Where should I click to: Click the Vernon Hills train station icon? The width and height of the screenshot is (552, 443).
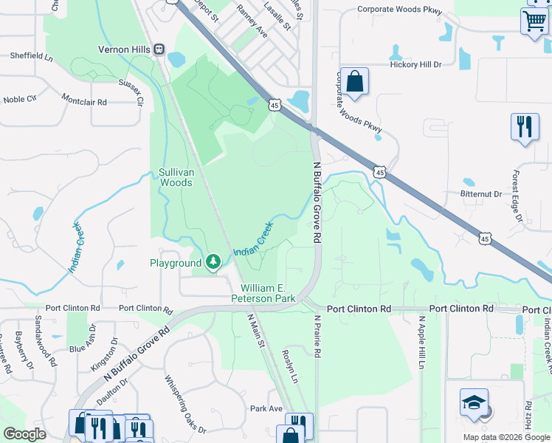[x=159, y=49]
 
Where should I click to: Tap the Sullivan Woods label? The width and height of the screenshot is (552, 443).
[x=176, y=177]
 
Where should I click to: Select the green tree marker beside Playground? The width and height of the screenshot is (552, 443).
[x=213, y=262]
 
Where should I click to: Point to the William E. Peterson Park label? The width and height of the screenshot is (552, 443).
[x=266, y=293]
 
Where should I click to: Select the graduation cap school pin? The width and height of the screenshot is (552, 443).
[x=474, y=402]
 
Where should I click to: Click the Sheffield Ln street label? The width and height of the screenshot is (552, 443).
[x=32, y=55]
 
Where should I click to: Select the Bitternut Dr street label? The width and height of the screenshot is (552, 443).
[x=482, y=194]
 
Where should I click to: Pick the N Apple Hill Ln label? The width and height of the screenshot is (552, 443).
[x=421, y=343]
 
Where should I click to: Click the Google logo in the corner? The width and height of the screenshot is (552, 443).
[x=24, y=434]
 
